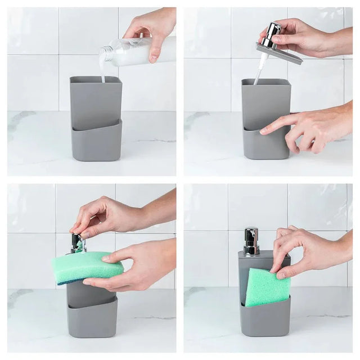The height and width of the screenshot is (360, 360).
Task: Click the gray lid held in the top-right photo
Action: [x=280, y=53]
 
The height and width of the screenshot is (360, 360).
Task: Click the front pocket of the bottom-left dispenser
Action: [x=92, y=321]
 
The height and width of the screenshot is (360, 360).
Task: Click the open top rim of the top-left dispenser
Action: [x=96, y=79]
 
